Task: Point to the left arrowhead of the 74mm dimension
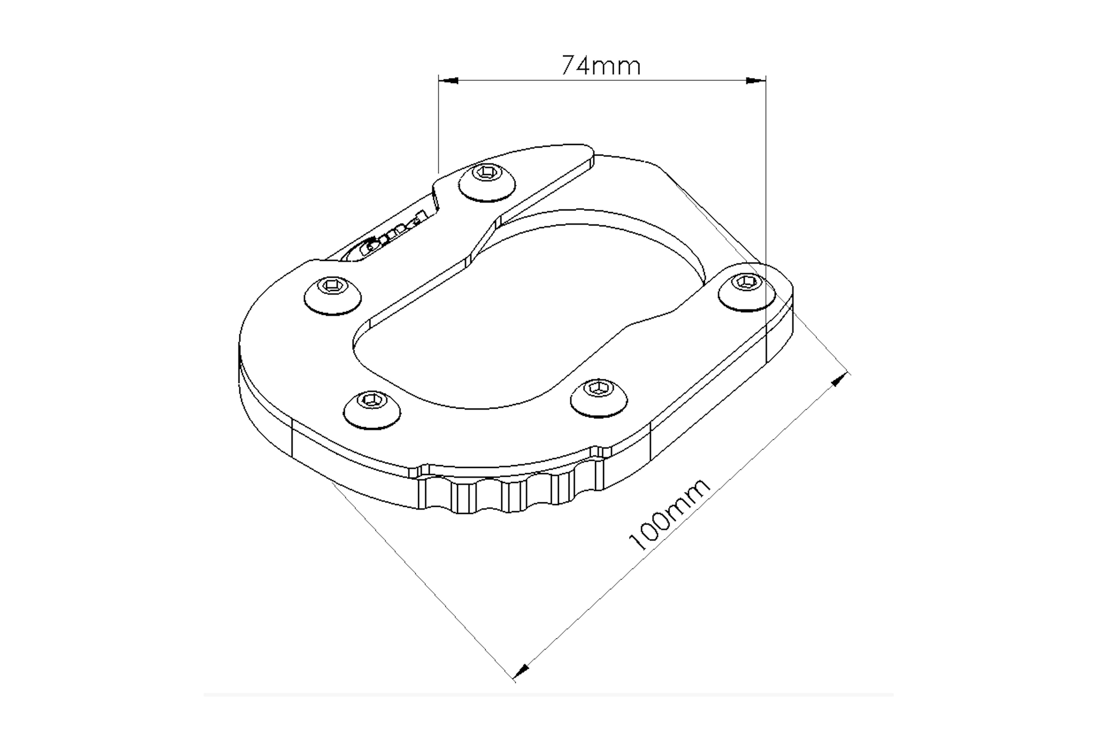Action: pyautogui.click(x=448, y=81)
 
